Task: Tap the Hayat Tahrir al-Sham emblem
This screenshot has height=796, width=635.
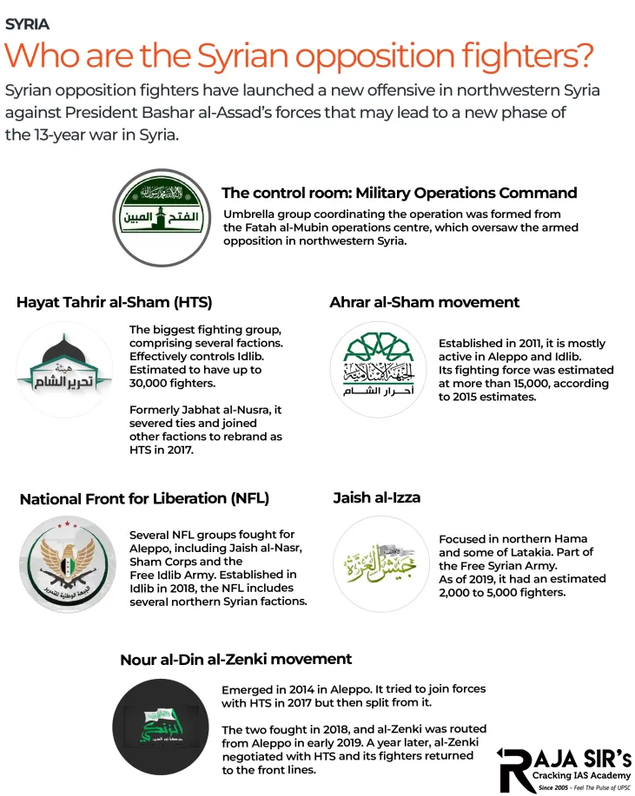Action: [x=64, y=368]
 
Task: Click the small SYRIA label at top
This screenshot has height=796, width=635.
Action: [x=27, y=24]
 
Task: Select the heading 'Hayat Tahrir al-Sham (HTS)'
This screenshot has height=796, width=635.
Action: [x=114, y=303]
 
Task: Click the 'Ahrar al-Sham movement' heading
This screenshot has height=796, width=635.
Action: [x=424, y=303]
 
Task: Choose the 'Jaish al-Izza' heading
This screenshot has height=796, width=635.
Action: [x=377, y=497]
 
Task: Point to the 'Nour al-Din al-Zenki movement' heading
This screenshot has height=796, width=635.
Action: [x=236, y=660]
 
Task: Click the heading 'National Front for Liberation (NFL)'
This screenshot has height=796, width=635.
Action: [x=144, y=499]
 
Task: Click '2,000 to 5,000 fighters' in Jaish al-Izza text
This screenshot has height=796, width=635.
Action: [x=502, y=592]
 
